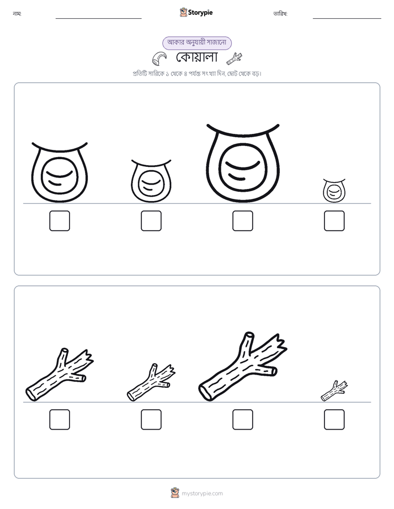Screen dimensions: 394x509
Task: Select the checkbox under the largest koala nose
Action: point(242,221)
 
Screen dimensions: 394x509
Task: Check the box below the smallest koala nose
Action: point(334,221)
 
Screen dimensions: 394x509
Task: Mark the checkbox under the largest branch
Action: point(242,419)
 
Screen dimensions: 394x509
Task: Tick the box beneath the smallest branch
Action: point(334,419)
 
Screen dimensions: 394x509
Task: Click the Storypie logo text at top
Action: point(200,13)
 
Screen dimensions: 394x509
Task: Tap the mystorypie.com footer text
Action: point(202,494)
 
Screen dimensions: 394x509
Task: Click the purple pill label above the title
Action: point(197,43)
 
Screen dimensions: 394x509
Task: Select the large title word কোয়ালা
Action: point(196,57)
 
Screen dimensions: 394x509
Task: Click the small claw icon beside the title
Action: point(159,58)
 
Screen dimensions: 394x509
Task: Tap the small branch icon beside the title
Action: point(235,59)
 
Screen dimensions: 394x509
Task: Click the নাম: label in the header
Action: point(17,14)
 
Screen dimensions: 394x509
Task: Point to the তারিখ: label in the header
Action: point(280,14)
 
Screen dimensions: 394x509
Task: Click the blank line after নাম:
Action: point(98,19)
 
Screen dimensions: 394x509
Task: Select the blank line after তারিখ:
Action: point(347,19)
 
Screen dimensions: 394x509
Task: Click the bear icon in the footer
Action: point(175,493)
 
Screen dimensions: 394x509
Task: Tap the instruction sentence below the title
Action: point(197,74)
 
